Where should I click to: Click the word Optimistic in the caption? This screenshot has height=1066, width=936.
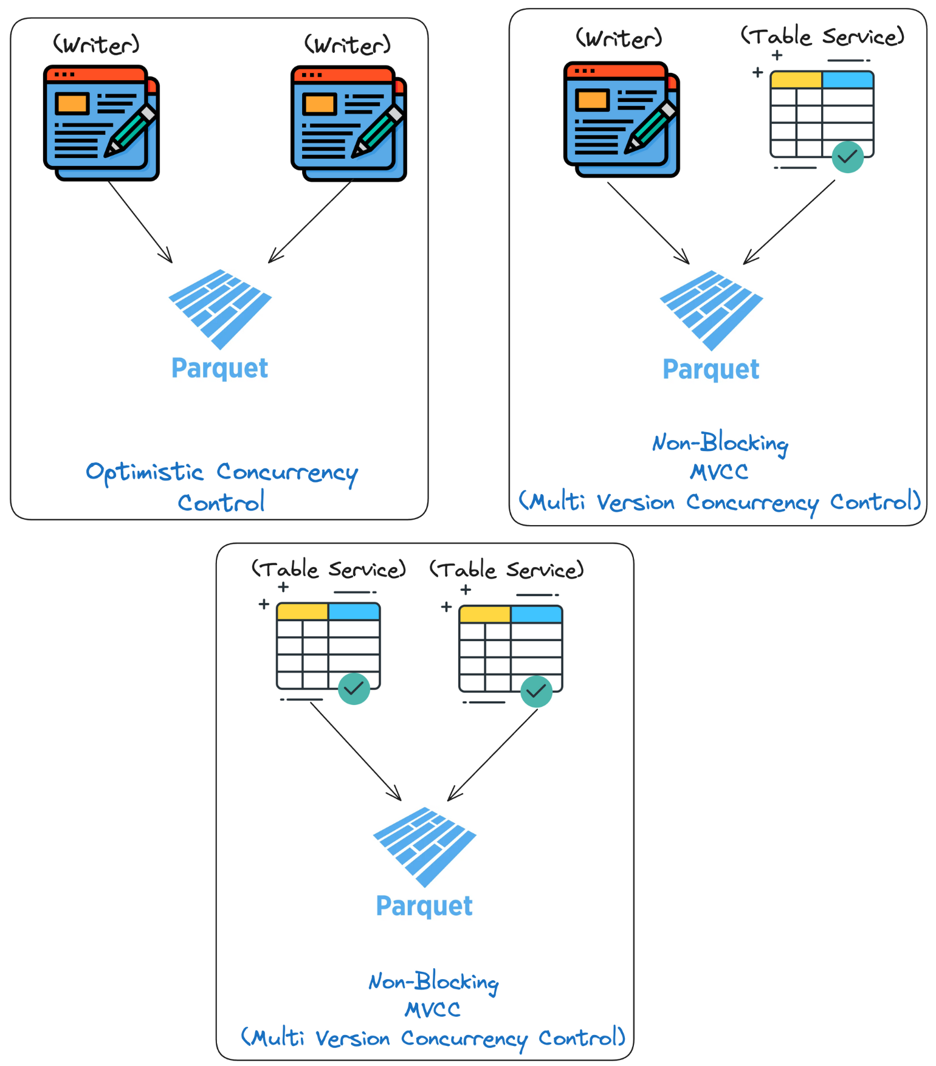click(145, 473)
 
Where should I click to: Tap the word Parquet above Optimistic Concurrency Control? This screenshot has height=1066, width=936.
click(219, 368)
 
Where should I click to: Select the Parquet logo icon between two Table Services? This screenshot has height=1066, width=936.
click(424, 847)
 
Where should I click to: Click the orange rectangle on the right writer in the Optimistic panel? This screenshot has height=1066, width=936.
click(320, 104)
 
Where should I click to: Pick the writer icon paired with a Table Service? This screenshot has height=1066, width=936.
click(621, 119)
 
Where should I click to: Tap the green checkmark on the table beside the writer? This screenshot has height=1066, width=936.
click(847, 157)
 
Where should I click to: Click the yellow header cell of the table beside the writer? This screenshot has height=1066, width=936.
click(796, 80)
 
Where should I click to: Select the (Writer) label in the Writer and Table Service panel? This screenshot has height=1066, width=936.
click(619, 38)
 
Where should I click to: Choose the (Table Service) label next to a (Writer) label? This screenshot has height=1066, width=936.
click(822, 36)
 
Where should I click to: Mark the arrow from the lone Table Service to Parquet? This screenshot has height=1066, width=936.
click(789, 222)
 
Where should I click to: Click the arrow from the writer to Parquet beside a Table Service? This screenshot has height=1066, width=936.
click(648, 222)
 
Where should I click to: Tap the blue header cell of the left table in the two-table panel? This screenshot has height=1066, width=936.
click(354, 611)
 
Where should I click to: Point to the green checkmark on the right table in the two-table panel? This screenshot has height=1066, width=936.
click(536, 691)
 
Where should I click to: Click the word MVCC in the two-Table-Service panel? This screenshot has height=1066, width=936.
click(433, 1010)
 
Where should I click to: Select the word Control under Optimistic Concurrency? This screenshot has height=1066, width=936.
click(221, 503)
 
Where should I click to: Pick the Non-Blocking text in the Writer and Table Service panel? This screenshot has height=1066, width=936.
click(720, 443)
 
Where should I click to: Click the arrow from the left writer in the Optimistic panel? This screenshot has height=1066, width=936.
click(140, 222)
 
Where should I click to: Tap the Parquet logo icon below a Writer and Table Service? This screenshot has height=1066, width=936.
click(711, 310)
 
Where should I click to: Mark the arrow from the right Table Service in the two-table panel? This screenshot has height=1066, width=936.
click(492, 755)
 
